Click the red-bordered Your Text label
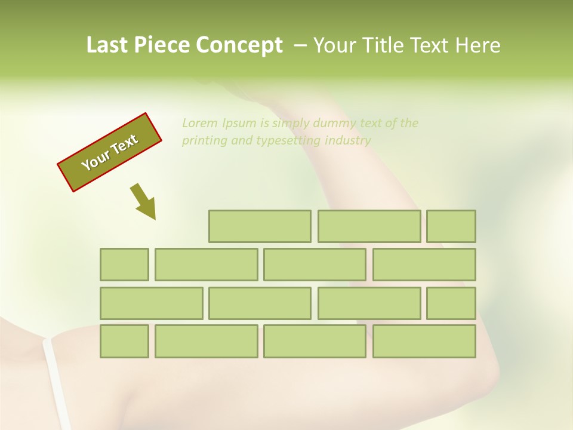click(110, 152)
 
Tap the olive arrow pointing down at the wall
click(143, 201)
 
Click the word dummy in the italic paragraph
click(338, 124)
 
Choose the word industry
click(349, 141)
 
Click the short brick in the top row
click(451, 226)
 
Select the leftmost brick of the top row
click(260, 226)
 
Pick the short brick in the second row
click(124, 265)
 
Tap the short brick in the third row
click(451, 303)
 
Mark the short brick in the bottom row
click(124, 342)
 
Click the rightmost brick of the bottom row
click(424, 342)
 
